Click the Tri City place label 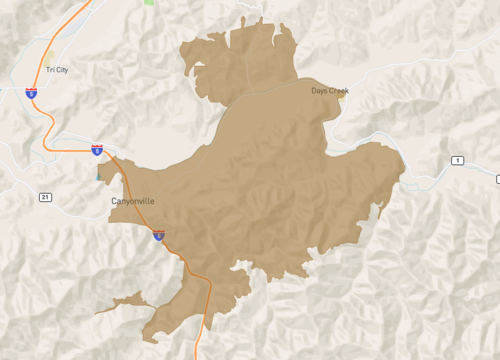57,69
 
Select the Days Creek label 330,91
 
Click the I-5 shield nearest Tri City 32,92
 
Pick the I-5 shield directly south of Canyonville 159,236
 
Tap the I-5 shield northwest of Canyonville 96,150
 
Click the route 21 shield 45,198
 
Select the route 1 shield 457,161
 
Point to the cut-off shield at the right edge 497,179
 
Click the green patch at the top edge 149,2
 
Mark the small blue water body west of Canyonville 100,175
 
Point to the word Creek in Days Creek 339,91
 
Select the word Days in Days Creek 319,91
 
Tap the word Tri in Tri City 49,69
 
